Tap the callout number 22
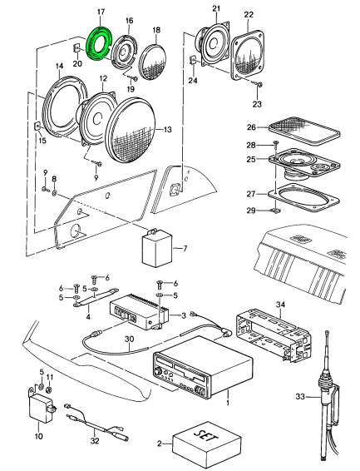[249, 14]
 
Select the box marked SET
[207, 441]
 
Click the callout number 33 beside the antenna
[300, 396]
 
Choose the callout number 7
[185, 249]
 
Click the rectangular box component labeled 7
[157, 247]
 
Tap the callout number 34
[280, 305]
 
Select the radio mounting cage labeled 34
[274, 335]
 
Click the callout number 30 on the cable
[130, 340]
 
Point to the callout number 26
[251, 127]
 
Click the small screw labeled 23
[259, 85]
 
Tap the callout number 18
[156, 30]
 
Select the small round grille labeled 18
[152, 62]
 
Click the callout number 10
[39, 436]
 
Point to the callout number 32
[95, 441]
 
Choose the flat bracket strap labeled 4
[96, 297]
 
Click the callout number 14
[59, 66]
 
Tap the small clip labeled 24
[193, 61]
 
